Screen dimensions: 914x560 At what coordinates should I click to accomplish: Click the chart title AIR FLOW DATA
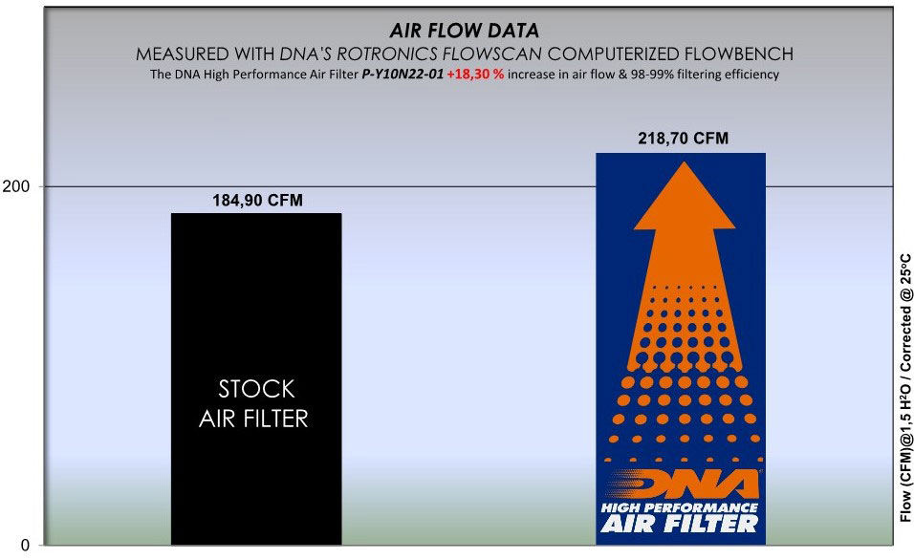(x=465, y=31)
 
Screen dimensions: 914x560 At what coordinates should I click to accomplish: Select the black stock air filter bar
(x=256, y=378)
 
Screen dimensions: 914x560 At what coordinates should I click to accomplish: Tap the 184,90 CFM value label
(x=257, y=201)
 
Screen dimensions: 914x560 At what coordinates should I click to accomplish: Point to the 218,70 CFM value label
(x=684, y=139)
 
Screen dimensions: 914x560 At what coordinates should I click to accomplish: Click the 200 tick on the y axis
(x=15, y=186)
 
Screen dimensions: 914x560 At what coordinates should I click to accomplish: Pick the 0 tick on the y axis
(x=25, y=546)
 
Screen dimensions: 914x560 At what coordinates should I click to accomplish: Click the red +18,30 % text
(x=475, y=75)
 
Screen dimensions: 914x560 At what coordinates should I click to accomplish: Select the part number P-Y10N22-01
(x=403, y=75)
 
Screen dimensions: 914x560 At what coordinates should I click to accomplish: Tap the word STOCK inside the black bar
(x=256, y=389)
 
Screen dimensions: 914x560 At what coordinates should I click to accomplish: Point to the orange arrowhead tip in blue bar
(x=685, y=162)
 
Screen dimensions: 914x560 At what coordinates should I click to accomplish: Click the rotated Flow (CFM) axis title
(x=905, y=388)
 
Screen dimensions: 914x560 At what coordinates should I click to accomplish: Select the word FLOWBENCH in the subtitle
(x=739, y=54)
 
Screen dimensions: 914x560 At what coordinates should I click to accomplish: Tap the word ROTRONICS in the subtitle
(x=387, y=54)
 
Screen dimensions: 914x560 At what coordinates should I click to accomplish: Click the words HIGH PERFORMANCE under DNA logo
(x=680, y=507)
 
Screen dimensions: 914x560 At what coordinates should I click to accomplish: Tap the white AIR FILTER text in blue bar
(x=680, y=524)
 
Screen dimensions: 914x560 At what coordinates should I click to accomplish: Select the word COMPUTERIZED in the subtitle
(x=614, y=54)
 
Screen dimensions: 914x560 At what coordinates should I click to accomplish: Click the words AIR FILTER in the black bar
(x=253, y=419)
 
